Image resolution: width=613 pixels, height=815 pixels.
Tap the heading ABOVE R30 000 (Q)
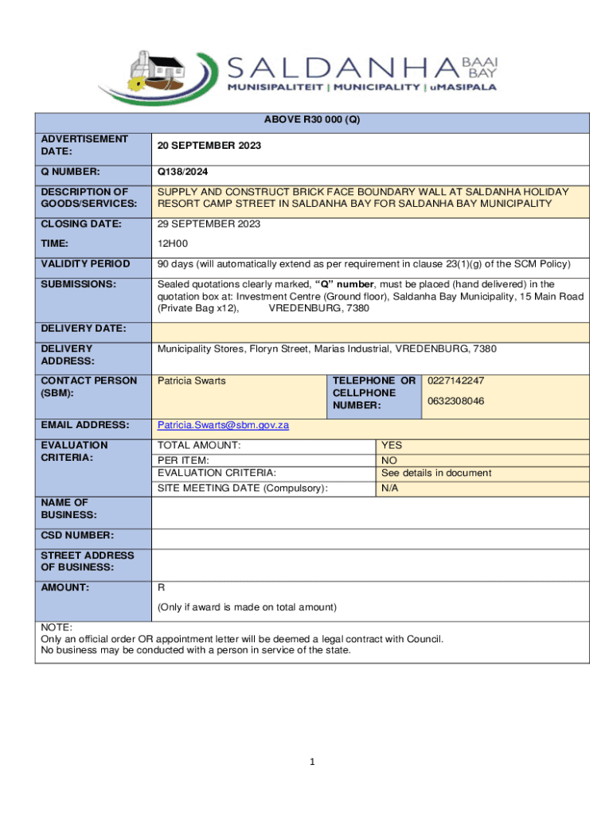311,121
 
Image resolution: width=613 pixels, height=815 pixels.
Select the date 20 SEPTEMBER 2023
209,146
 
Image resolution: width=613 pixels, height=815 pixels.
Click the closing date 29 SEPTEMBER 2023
209,224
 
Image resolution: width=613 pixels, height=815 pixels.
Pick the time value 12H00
173,244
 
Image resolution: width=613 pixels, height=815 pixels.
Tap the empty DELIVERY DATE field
370,330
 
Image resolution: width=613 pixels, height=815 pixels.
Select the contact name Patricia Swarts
191,381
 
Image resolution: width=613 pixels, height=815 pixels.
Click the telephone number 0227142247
455,381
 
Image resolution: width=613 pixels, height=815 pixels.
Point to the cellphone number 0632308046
455,401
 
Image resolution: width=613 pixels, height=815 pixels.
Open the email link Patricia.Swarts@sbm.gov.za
223,425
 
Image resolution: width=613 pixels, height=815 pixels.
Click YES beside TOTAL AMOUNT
391,446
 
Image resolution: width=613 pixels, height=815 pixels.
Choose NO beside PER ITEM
389,461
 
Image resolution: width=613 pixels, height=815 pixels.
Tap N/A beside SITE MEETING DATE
389,488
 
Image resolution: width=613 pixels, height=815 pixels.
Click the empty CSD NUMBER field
370,537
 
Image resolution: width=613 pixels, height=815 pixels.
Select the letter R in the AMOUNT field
161,587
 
